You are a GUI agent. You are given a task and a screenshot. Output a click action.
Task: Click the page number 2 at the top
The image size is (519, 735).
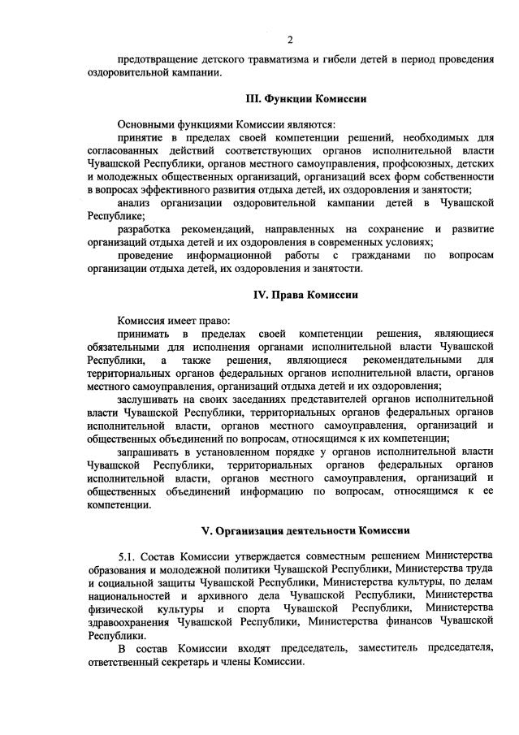pos(290,40)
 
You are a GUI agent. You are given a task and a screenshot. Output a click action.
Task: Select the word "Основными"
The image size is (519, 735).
pos(145,124)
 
